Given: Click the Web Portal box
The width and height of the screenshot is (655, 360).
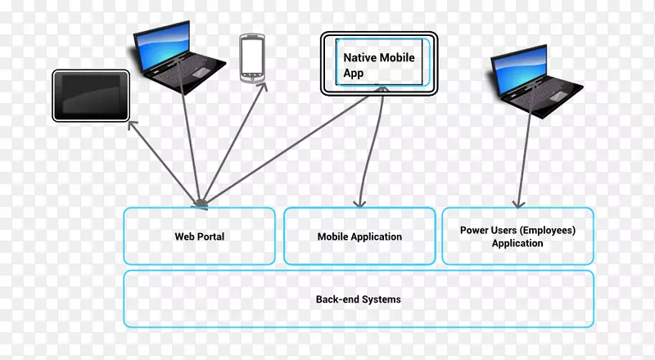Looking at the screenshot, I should coord(199,236).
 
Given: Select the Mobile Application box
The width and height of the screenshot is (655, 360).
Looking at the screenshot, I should coord(359,236).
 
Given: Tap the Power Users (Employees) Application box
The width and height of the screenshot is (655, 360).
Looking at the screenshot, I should coord(517,236).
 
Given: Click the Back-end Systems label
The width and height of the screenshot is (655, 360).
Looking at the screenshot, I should coord(359,299).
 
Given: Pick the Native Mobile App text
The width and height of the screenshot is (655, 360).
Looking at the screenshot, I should coord(379,65).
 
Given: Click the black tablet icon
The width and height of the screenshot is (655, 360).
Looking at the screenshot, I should coord(91,95).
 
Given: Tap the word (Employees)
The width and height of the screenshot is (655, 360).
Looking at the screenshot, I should coord(548,231).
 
